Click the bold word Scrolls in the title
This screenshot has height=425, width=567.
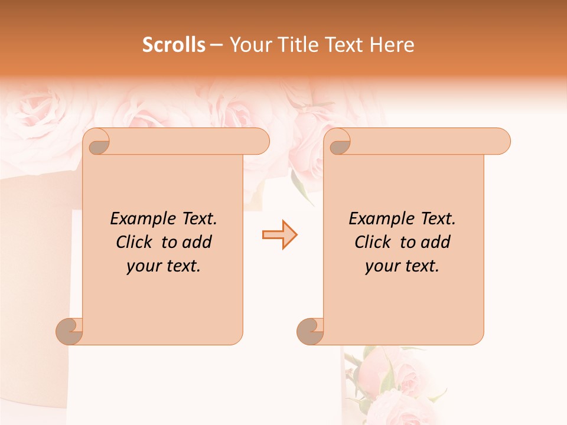point(174,44)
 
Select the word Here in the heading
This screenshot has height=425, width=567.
point(392,44)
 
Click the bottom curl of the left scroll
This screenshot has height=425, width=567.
point(69,332)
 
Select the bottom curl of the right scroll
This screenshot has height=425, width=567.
point(310,332)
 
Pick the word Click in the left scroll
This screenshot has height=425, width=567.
point(135,242)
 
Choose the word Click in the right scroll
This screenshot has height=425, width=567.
point(373,242)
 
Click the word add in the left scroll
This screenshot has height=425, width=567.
point(197,242)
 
